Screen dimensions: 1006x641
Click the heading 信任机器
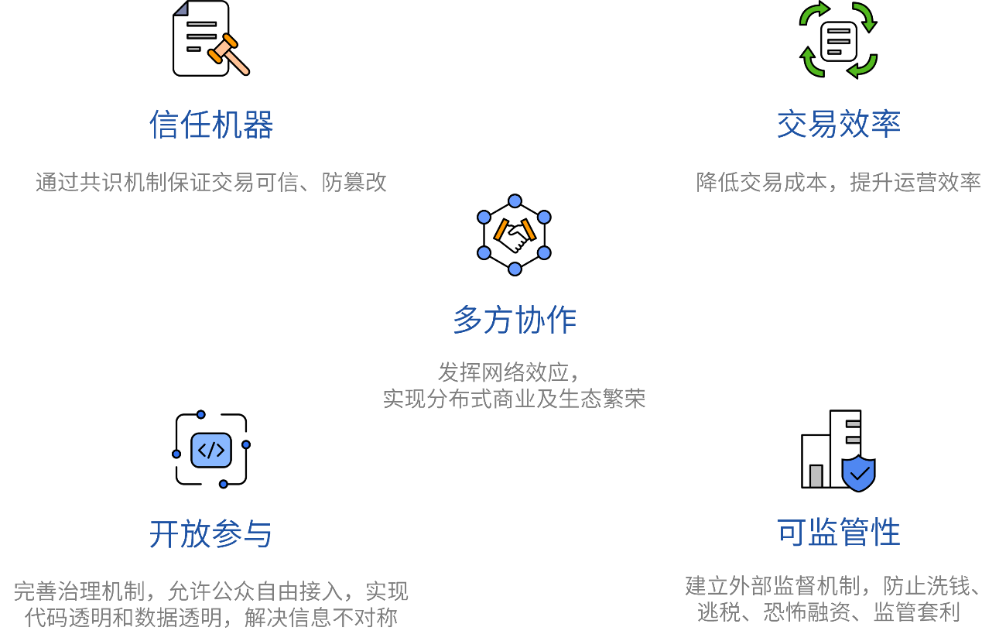tap(211, 125)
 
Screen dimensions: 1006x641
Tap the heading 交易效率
tap(839, 124)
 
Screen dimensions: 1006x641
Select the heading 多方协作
tap(515, 320)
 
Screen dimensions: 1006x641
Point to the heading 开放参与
tap(211, 533)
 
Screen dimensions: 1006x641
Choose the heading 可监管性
tap(839, 533)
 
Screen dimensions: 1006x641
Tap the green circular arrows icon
tap(838, 39)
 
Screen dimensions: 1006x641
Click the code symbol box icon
tap(211, 450)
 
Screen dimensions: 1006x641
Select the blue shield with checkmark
tap(858, 473)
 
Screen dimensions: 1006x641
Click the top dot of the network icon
tap(515, 201)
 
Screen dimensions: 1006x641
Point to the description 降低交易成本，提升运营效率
tap(839, 182)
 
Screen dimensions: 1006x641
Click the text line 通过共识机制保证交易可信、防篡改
tap(211, 182)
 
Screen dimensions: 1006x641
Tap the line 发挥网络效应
tap(508, 372)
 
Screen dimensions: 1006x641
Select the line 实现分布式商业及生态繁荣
tap(515, 399)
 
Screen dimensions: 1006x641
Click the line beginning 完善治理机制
tap(211, 591)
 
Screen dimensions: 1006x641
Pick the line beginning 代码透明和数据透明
tap(211, 618)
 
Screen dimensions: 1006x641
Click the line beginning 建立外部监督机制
tap(833, 585)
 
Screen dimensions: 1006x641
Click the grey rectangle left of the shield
tap(816, 476)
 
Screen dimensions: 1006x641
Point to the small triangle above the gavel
tap(182, 9)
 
